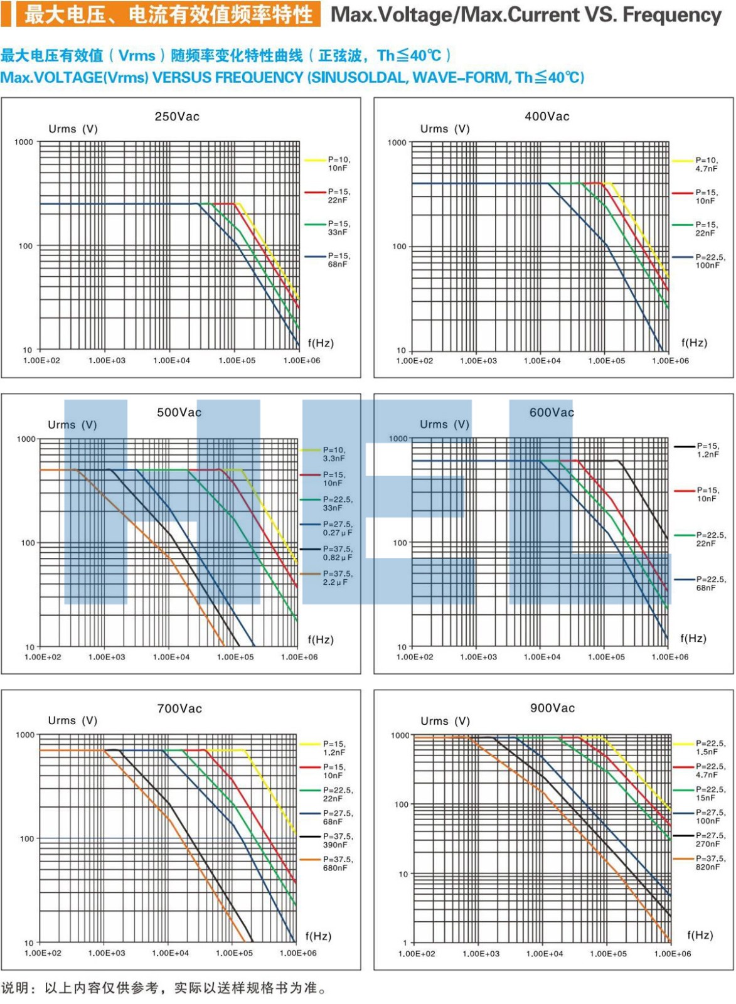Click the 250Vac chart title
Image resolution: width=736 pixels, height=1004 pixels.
point(177,117)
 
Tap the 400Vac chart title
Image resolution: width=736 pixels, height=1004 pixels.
point(547,117)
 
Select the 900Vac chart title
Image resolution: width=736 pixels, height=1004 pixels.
point(552,708)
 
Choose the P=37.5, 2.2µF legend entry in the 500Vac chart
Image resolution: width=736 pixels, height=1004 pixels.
point(338,578)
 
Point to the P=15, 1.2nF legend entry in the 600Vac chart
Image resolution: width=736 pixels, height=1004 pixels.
point(708,450)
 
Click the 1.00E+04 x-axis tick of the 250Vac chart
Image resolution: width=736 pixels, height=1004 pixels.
point(171,361)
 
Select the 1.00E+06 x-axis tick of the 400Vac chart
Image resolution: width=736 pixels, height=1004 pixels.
point(670,361)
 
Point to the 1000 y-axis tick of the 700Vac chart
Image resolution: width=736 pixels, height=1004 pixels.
point(25,735)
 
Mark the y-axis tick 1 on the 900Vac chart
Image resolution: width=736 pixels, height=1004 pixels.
point(405,943)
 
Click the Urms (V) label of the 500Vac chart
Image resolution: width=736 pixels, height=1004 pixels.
point(72,425)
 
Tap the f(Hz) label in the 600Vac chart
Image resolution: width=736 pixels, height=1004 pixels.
point(693,638)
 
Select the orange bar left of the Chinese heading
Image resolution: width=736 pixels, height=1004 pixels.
point(6,14)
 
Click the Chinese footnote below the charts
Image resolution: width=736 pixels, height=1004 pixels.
point(164,988)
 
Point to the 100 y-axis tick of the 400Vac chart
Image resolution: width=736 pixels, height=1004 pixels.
point(399,247)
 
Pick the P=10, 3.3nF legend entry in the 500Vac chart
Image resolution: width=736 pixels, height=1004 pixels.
point(334,454)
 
